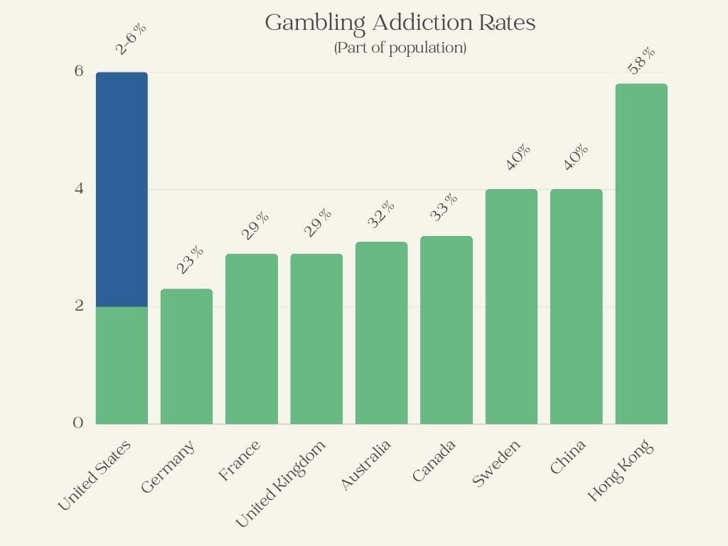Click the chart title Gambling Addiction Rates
(400, 23)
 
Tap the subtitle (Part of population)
(400, 48)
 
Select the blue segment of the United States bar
(122, 189)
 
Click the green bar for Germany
(186, 356)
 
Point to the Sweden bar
(511, 306)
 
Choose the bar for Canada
(446, 330)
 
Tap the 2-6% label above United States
(132, 40)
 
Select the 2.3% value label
(191, 260)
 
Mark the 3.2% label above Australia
(381, 214)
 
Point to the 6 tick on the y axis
(78, 71)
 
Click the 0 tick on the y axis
(78, 423)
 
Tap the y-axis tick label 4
(78, 189)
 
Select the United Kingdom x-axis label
(282, 483)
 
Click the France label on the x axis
(240, 461)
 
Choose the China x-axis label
(568, 457)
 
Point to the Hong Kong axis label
(620, 471)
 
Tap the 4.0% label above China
(576, 157)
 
